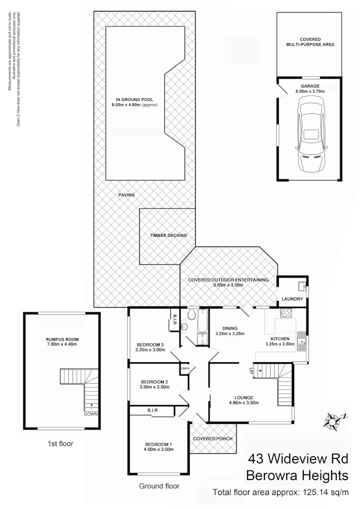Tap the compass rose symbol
coord(333,421)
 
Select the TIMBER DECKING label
coord(168,235)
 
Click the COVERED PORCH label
coord(213,439)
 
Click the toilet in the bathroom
coord(192,314)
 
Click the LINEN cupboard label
coord(185,369)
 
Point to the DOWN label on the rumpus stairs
coord(91,414)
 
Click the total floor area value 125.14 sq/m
coord(326,492)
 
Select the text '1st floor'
coord(61,444)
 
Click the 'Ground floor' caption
coord(159,486)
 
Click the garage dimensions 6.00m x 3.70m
coord(310,91)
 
